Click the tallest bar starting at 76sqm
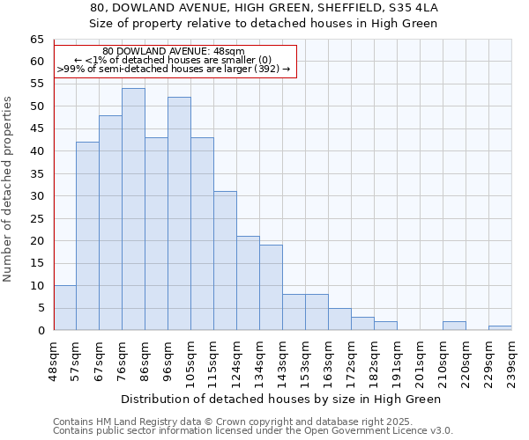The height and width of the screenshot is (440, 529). tap(133, 209)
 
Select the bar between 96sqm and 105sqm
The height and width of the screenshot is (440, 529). tap(179, 214)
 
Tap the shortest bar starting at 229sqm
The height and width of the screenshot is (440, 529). tap(500, 328)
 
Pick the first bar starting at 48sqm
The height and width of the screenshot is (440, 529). tap(64, 308)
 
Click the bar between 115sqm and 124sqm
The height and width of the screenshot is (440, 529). tap(225, 260)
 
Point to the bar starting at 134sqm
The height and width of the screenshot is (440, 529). tap(271, 288)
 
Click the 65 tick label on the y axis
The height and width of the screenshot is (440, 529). tap(36, 40)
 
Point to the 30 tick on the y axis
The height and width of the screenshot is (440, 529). tap(36, 196)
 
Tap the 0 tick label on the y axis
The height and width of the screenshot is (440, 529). tap(40, 331)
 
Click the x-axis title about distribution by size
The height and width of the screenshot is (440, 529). tap(281, 399)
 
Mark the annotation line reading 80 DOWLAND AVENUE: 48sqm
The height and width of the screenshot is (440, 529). tap(174, 52)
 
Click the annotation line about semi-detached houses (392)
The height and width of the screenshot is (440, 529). tap(174, 69)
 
